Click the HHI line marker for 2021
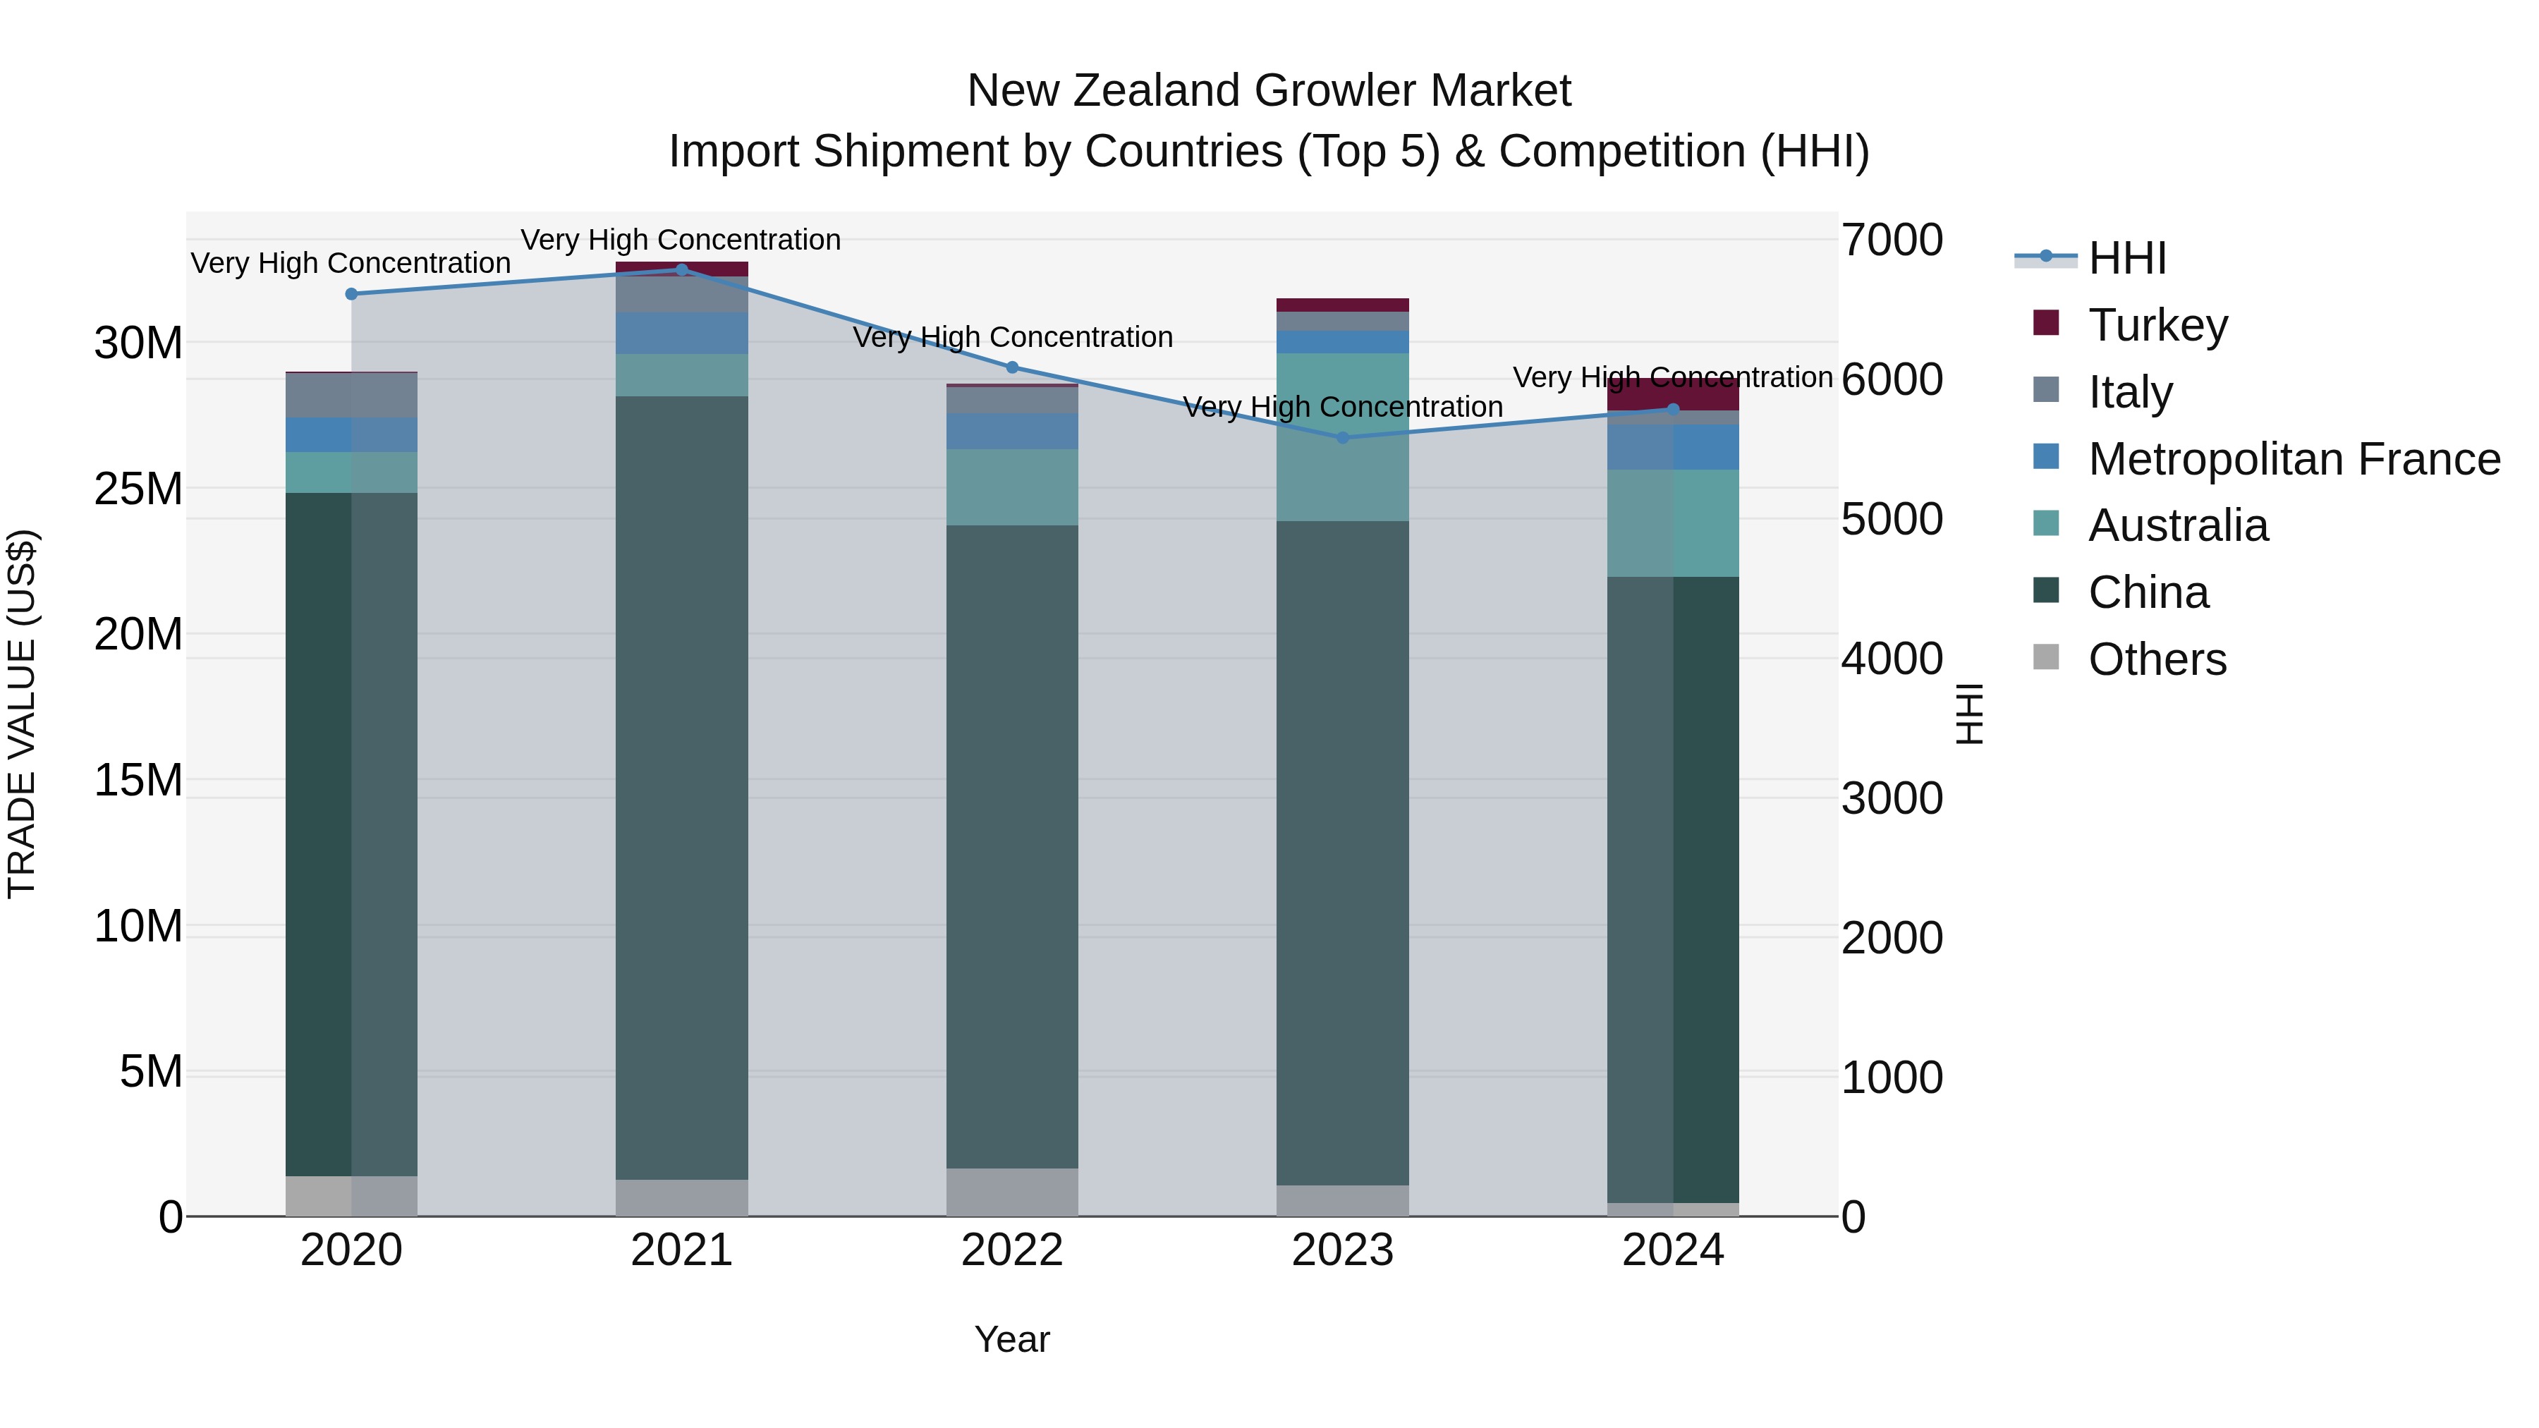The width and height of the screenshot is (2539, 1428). click(x=681, y=269)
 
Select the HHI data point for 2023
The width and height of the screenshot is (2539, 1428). click(x=1342, y=437)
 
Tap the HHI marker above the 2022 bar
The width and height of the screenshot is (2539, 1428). click(x=1012, y=367)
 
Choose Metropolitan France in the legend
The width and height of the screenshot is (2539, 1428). click(x=2294, y=459)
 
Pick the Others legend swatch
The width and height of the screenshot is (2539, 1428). click(x=2046, y=657)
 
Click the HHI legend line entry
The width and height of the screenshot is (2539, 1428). click(x=2046, y=257)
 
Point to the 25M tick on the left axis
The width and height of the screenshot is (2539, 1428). click(x=138, y=489)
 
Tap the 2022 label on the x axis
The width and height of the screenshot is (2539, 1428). click(x=1012, y=1250)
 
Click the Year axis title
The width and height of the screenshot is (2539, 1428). click(x=1012, y=1339)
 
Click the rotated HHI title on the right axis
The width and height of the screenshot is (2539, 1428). click(x=1968, y=714)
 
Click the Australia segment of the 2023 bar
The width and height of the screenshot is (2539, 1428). click(x=1342, y=437)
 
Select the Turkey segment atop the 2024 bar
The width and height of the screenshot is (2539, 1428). click(x=1673, y=394)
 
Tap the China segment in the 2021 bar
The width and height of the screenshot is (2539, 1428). click(x=681, y=788)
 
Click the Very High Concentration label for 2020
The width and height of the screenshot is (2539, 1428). click(x=351, y=263)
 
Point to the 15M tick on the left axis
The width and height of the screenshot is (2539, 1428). click(x=138, y=781)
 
